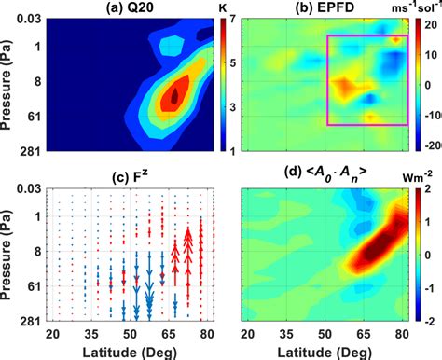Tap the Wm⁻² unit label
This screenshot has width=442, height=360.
pos(421,170)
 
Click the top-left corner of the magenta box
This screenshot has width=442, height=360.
pos(327,36)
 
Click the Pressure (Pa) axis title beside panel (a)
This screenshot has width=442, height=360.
pos(9,84)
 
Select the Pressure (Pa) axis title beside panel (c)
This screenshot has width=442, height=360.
pos(9,252)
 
